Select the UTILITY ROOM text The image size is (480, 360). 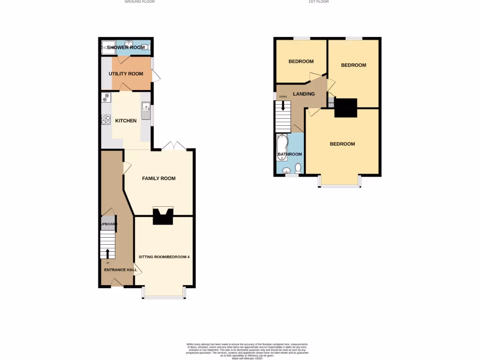click(x=126, y=74)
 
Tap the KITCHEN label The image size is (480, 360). click(x=126, y=120)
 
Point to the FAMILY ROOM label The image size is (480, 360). click(x=159, y=178)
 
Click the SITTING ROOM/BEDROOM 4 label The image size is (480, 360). click(x=164, y=257)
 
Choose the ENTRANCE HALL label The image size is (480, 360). click(x=120, y=270)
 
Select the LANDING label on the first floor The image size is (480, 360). click(x=304, y=94)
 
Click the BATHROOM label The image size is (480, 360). click(x=290, y=154)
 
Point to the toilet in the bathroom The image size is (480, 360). click(x=298, y=168)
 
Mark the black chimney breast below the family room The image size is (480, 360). click(x=163, y=216)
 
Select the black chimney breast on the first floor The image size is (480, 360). click(x=345, y=108)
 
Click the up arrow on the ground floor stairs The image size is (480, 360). click(x=108, y=253)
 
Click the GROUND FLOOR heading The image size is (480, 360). click(x=139, y=2)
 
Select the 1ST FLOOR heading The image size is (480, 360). click(x=318, y=2)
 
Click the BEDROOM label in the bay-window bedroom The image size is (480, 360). click(x=342, y=144)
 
